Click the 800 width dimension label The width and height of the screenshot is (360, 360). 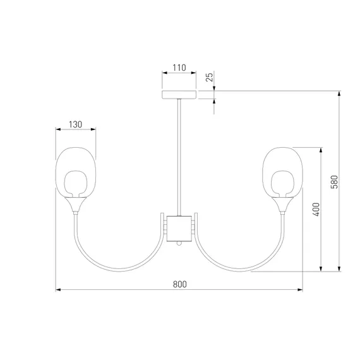pos(179,284)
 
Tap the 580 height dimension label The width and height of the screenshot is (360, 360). pos(334,182)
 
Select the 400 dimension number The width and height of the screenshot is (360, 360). pos(316,210)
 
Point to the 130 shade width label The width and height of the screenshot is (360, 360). pos(75,124)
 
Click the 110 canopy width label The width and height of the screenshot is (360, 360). pos(179,68)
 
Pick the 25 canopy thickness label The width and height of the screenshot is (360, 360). pos(210,76)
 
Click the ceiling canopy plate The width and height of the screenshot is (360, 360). pos(179,95)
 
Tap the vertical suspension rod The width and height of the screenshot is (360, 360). pos(179,157)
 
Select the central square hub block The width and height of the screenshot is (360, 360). pos(179,229)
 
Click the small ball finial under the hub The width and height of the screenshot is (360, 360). pos(179,244)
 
